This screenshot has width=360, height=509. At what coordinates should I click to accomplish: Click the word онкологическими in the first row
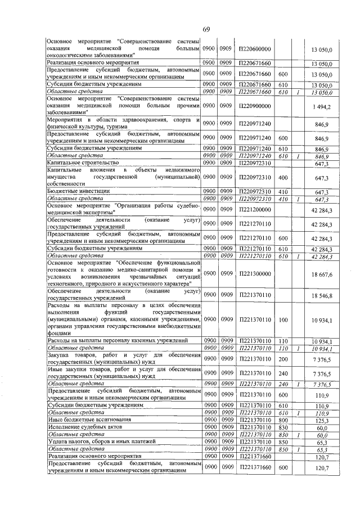click(74, 56)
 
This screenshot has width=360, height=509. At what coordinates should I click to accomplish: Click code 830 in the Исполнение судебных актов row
click(283, 427)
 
